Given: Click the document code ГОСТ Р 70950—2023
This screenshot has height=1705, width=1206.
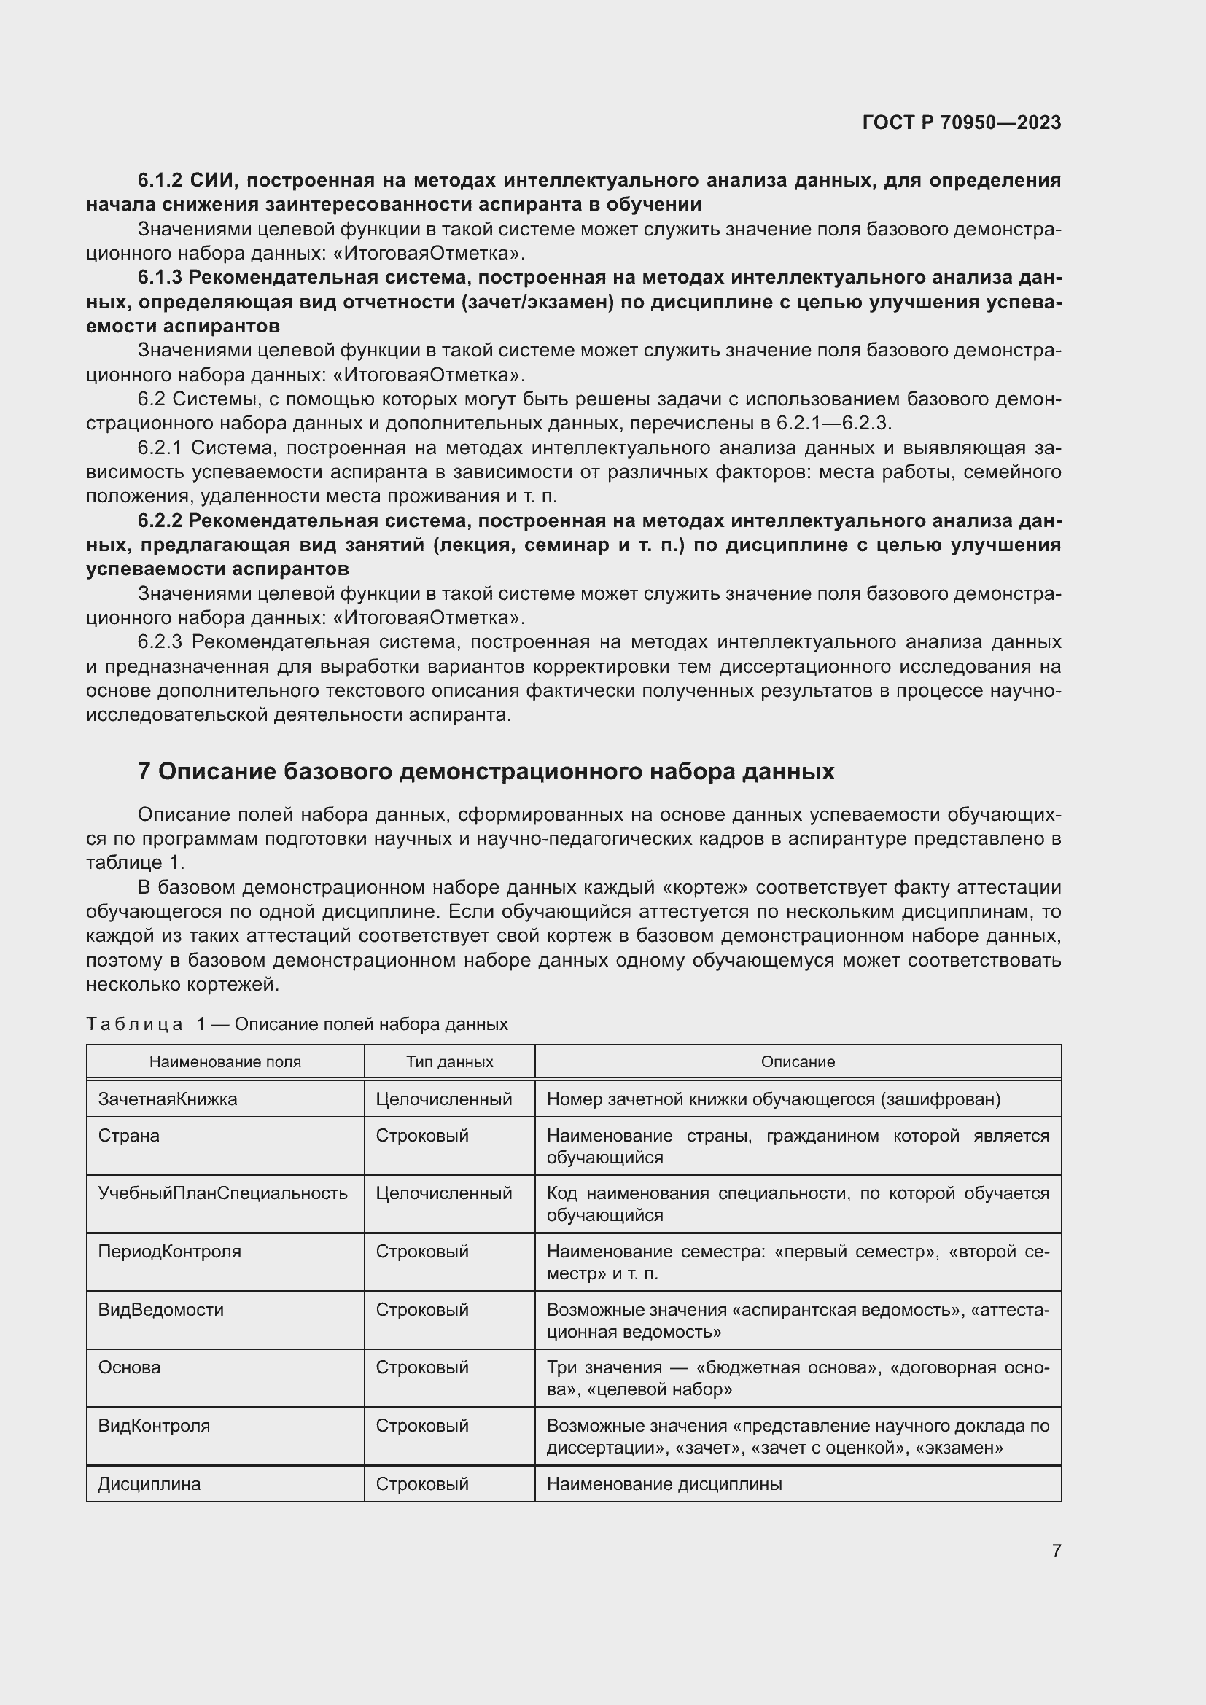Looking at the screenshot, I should pos(961,122).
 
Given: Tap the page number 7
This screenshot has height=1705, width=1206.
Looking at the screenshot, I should pos(1056,1550).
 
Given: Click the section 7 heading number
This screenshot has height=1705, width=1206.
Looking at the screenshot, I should pos(144,771).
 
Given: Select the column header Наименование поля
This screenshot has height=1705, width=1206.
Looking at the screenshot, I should pos(225,1061).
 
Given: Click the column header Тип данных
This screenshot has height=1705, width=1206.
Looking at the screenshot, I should pos(449,1061).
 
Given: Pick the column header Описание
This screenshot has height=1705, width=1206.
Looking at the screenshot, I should pos(798,1061).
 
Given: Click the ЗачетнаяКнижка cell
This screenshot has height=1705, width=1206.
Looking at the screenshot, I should pos(168,1099).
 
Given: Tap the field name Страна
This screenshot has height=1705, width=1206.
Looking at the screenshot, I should pos(128,1136).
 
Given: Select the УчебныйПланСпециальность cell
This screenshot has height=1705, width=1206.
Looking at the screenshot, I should pos(223,1193).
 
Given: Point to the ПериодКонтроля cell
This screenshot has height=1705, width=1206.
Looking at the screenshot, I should pos(169,1252).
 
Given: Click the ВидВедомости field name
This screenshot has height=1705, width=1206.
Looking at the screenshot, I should pos(160,1309).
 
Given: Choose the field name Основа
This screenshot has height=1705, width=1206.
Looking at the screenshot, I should pos(129,1367).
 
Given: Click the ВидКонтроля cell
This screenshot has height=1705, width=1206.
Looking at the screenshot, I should pos(154,1425).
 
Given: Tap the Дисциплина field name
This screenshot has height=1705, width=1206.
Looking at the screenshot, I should pos(149,1483).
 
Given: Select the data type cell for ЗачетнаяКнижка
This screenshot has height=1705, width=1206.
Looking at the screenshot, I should pos(443,1099).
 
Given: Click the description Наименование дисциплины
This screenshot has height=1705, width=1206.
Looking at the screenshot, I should pos(664,1483).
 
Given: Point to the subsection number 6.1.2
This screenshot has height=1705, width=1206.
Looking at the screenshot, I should pos(160,181).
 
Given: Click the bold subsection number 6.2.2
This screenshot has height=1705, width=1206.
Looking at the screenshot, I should pos(160,520).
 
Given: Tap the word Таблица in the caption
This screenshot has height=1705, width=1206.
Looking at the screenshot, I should pos(134,1024).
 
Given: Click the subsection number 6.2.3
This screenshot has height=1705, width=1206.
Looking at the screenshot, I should pos(160,641).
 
